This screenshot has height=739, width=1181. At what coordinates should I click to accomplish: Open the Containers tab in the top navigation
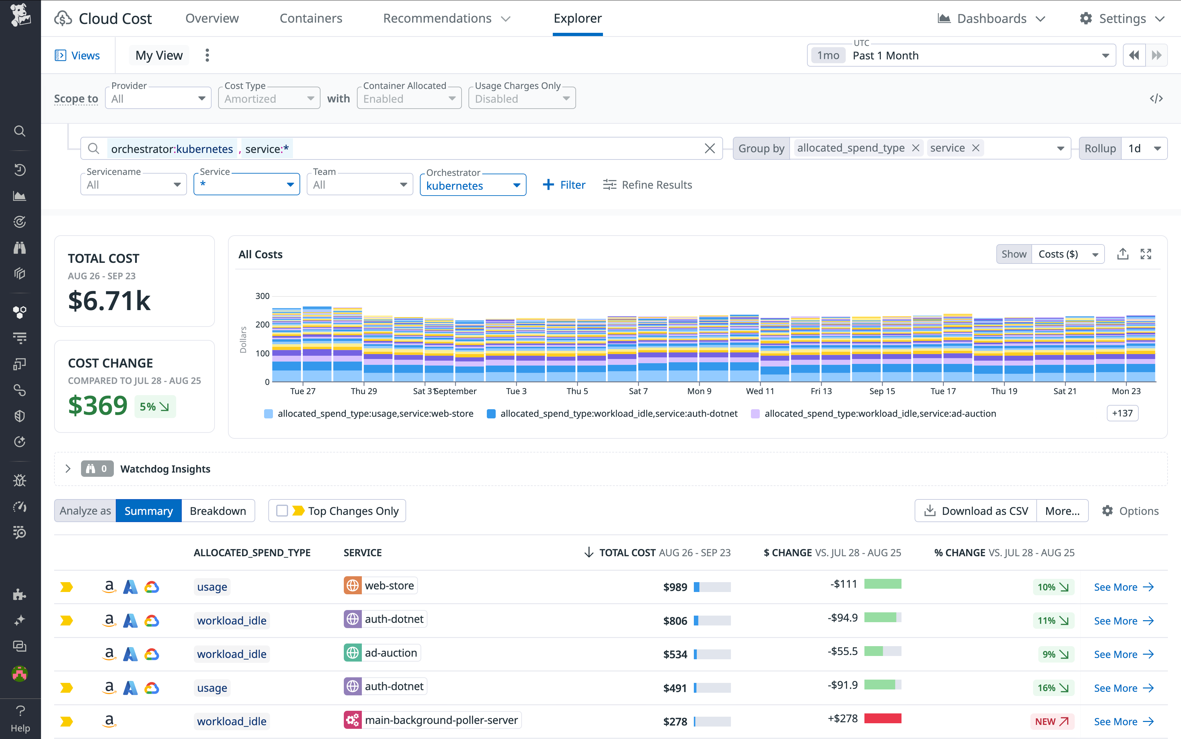(x=311, y=19)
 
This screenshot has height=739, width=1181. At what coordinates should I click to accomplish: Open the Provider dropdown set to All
(x=158, y=99)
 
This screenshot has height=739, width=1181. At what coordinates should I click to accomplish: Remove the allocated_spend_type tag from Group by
(x=916, y=148)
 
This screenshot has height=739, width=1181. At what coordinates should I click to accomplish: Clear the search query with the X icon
(x=710, y=149)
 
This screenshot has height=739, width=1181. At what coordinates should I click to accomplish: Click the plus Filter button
(x=564, y=185)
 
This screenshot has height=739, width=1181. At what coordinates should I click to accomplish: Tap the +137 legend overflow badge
(x=1122, y=413)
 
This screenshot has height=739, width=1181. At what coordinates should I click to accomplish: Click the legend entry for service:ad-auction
(x=880, y=413)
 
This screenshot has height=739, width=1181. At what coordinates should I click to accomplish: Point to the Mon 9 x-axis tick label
(x=699, y=391)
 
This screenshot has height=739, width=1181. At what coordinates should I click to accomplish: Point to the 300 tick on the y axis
(x=262, y=296)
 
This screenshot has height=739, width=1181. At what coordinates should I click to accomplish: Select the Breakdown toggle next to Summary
(x=218, y=511)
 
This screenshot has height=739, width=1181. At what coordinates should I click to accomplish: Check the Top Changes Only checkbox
(x=282, y=511)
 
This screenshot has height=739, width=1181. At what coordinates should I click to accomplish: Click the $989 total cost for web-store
(x=675, y=587)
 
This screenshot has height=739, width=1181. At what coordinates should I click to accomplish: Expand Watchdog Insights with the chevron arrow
(x=68, y=469)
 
